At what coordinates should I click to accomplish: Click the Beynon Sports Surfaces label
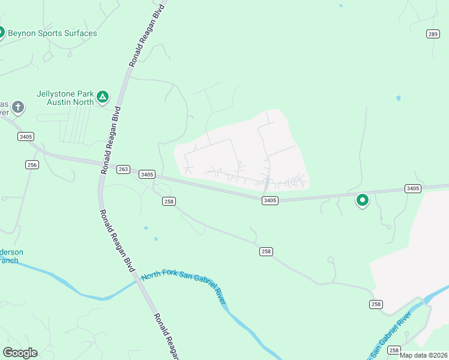53,34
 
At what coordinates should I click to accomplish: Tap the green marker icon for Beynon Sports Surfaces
1,32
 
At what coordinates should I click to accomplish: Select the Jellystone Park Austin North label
65,98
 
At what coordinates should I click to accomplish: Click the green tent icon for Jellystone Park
103,95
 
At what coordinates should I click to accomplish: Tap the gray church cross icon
19,107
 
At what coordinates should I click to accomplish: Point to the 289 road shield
433,34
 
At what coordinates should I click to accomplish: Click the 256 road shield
32,164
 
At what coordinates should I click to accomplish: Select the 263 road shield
123,169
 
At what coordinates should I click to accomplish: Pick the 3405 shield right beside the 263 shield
146,175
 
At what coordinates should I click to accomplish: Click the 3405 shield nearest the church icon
26,137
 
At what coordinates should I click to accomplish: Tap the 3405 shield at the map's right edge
412,188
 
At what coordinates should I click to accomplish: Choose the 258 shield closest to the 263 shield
168,202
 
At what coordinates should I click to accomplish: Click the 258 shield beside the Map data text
394,350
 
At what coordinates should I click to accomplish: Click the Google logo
20,353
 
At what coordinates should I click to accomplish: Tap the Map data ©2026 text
424,355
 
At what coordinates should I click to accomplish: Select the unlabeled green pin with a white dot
362,200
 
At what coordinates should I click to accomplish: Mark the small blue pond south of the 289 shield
398,97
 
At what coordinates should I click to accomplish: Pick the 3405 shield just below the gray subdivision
270,200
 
